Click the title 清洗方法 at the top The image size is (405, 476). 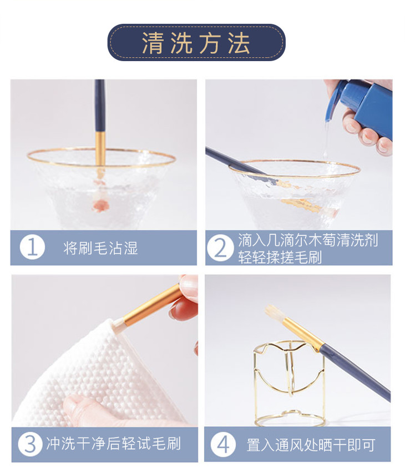(x=196, y=43)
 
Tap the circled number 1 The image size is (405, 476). (x=32, y=247)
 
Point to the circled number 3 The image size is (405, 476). (x=30, y=444)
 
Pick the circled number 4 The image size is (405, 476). (x=223, y=444)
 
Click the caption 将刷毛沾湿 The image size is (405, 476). (x=100, y=248)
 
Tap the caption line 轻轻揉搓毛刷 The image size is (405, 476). (x=280, y=258)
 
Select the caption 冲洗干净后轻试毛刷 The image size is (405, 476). (x=113, y=444)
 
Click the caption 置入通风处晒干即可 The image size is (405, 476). (x=311, y=445)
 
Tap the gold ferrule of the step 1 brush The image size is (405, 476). (x=100, y=149)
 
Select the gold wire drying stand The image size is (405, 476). (x=290, y=384)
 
